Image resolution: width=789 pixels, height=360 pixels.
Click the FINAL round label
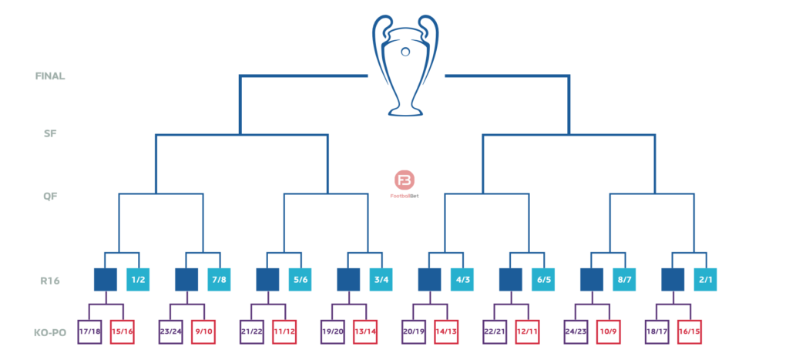click(x=50, y=76)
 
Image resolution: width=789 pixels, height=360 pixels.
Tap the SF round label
click(x=50, y=133)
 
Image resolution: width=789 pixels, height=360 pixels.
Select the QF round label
click(x=50, y=196)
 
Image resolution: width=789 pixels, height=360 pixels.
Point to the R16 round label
click(x=50, y=281)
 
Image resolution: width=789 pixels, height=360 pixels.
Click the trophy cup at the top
click(x=405, y=66)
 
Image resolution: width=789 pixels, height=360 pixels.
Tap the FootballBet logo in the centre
click(x=405, y=183)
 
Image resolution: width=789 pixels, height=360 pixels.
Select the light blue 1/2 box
click(x=138, y=279)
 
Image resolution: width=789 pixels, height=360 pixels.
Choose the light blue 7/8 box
click(x=220, y=279)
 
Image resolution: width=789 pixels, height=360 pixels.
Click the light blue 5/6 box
click(x=300, y=279)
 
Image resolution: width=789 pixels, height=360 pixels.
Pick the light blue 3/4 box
click(x=381, y=279)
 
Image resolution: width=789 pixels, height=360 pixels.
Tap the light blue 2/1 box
click(x=705, y=279)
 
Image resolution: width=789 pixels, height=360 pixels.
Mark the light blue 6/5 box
click(x=543, y=279)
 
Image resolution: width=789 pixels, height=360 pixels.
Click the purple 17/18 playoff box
click(x=89, y=331)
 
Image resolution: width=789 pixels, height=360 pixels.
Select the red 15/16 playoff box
click(x=122, y=331)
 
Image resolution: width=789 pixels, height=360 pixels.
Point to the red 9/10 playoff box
click(x=203, y=331)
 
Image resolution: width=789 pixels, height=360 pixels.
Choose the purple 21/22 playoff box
click(x=251, y=331)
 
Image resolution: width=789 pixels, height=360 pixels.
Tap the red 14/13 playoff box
click(x=446, y=331)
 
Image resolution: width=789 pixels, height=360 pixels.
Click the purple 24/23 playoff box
click(x=576, y=331)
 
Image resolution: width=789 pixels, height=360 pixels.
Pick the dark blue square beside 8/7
click(x=591, y=279)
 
